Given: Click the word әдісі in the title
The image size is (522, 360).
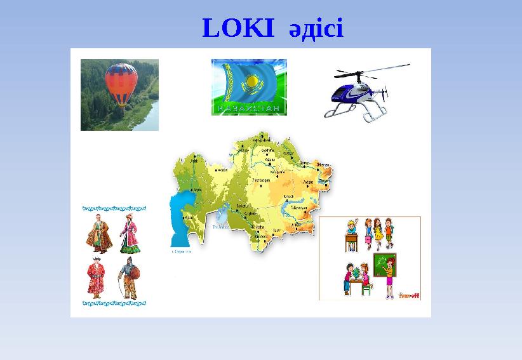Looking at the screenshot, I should coord(315,29).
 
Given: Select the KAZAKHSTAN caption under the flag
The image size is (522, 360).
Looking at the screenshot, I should coord(248,109).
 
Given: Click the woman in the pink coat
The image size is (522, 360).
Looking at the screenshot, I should coord(130,234).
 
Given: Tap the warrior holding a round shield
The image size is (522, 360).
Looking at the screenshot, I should coord(129,280).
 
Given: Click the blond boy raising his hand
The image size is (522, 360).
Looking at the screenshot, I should coord(351,226).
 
